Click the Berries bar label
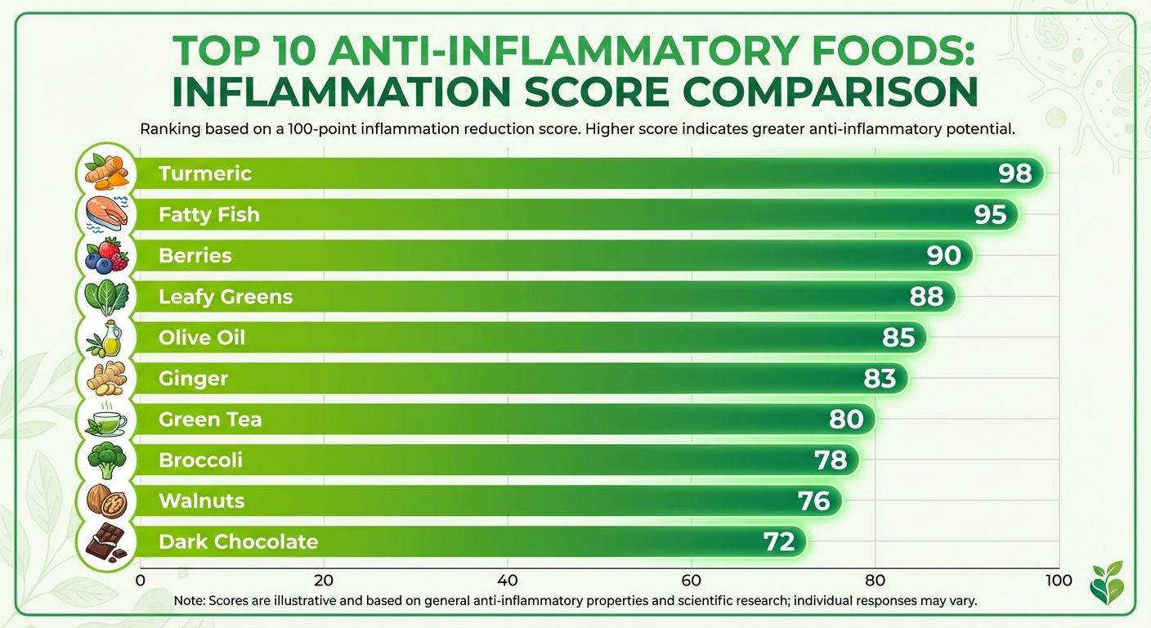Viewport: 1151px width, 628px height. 195,255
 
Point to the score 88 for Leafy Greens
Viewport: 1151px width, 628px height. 927,296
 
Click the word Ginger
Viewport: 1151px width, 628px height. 193,378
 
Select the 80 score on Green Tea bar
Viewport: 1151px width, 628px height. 846,419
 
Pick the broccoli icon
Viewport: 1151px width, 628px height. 106,460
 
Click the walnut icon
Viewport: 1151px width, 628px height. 106,500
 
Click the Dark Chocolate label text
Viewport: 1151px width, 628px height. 238,541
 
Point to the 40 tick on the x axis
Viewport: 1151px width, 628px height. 508,581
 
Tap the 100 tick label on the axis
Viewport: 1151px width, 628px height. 1059,581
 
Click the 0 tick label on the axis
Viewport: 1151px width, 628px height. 141,581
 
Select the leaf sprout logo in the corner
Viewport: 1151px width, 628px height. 1108,582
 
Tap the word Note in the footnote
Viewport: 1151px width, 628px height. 190,600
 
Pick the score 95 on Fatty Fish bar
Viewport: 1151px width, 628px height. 990,214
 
